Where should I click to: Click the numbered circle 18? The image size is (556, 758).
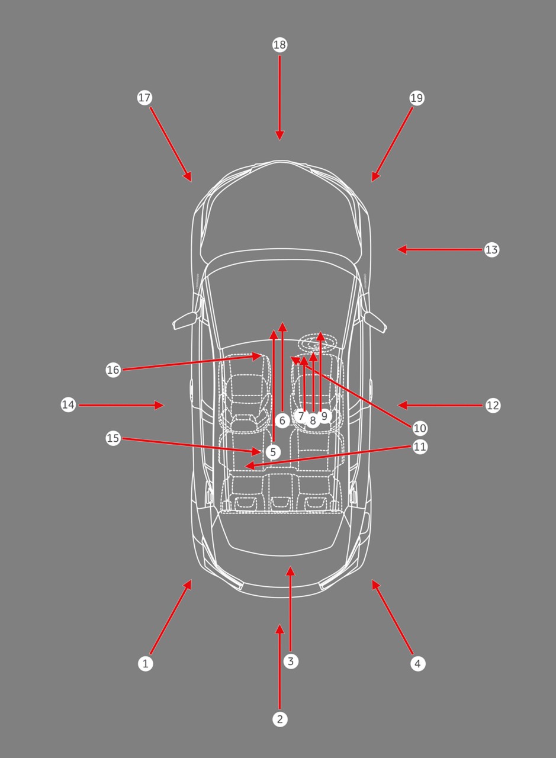(280, 45)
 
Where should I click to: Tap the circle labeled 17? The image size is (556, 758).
(144, 98)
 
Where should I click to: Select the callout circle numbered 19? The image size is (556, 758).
(417, 98)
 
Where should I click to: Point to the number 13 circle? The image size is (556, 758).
(491, 250)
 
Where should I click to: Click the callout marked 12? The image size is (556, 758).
(493, 405)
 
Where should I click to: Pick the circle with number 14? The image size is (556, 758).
(68, 404)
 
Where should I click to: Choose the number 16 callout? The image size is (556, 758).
(113, 370)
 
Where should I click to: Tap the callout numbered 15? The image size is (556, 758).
(113, 438)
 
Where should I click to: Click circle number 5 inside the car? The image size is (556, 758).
(273, 452)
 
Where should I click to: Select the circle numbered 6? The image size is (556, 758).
(282, 420)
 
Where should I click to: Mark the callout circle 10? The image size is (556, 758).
(420, 428)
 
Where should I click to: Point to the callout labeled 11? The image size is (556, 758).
(420, 447)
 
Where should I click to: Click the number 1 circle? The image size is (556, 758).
(146, 664)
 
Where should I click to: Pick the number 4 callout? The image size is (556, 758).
(418, 664)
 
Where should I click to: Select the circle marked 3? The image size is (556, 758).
(291, 661)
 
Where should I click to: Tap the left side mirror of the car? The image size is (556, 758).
(185, 320)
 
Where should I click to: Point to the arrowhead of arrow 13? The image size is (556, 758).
(402, 250)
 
